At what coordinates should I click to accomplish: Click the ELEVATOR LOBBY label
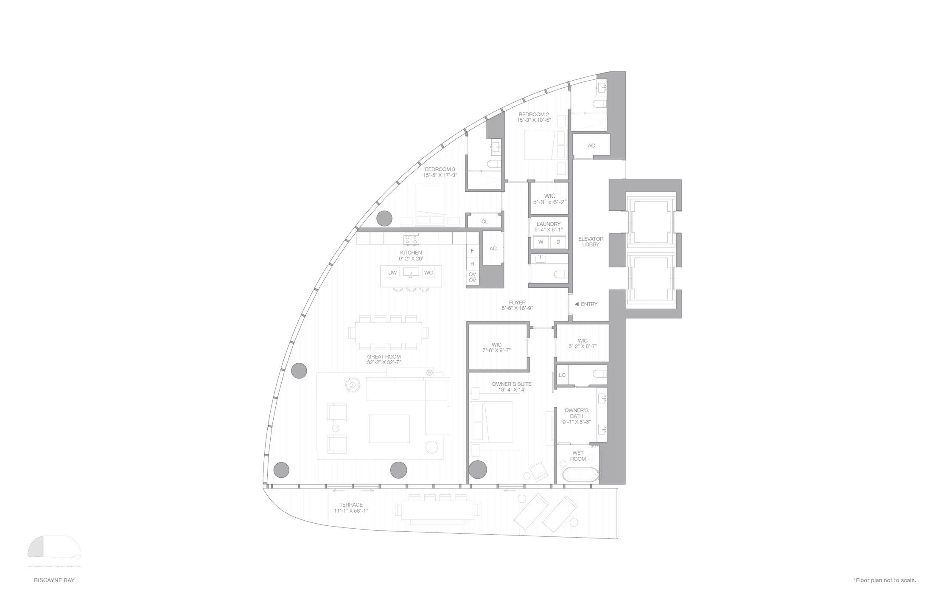pyautogui.click(x=591, y=242)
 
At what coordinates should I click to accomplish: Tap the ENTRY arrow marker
pyautogui.click(x=577, y=304)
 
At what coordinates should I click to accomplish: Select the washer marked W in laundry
pyautogui.click(x=541, y=242)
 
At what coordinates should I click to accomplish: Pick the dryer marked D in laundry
pyautogui.click(x=558, y=242)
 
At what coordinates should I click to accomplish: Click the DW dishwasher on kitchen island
pyautogui.click(x=392, y=273)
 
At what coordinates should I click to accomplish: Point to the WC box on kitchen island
pyautogui.click(x=429, y=273)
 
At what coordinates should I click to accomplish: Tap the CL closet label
pyautogui.click(x=485, y=221)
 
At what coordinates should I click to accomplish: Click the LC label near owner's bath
pyautogui.click(x=562, y=375)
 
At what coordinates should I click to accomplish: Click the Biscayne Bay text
pyautogui.click(x=54, y=580)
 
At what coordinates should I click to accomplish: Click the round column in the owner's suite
pyautogui.click(x=478, y=469)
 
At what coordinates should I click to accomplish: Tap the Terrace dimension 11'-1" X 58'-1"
pyautogui.click(x=351, y=510)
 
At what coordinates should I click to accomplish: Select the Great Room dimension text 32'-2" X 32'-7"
pyautogui.click(x=384, y=362)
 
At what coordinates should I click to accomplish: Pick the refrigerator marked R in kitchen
pyautogui.click(x=472, y=263)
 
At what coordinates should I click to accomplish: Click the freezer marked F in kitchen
pyautogui.click(x=472, y=251)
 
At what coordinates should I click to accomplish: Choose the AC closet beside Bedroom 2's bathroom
pyautogui.click(x=591, y=146)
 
